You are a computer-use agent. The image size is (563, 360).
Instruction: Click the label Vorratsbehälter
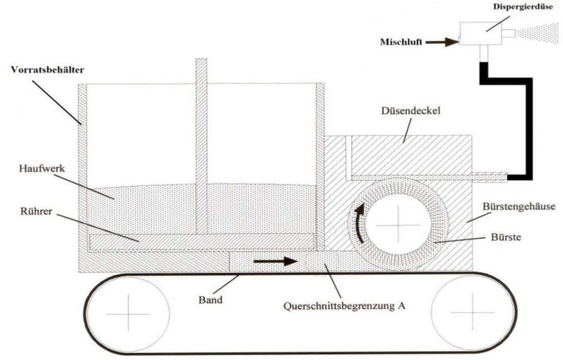[47, 69]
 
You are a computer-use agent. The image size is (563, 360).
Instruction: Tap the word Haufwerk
[42, 168]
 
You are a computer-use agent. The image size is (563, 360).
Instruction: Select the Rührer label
[37, 211]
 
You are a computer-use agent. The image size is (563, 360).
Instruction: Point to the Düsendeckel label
[410, 111]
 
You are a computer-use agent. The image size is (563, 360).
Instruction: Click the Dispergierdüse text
[523, 7]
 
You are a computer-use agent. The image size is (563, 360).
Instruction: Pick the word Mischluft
[401, 42]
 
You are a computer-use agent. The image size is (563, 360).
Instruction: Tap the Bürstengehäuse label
[519, 207]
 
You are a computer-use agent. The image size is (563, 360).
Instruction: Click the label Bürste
[506, 237]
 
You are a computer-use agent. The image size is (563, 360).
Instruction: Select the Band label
[210, 300]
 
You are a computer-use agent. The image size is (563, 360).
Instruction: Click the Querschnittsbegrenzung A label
[344, 306]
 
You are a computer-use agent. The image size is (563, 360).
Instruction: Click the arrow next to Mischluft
[442, 42]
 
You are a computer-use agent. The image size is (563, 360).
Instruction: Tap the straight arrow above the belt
[276, 261]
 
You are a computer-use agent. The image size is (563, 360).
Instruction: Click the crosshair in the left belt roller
[128, 314]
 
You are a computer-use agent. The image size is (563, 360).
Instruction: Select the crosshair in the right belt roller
[473, 312]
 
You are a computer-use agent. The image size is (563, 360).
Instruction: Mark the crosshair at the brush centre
[398, 225]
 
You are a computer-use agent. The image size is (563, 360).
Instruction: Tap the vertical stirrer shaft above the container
[202, 146]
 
